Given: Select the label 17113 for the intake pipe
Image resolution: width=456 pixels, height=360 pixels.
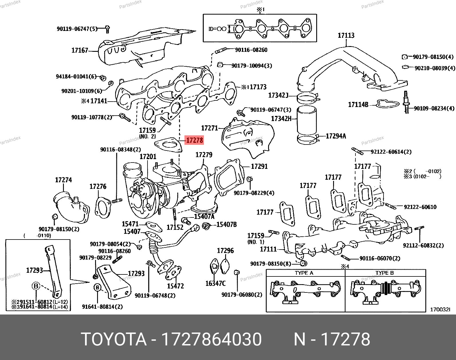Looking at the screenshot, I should tap(346, 35).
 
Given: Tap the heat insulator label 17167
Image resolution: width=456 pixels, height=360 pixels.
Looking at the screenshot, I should tap(80, 51).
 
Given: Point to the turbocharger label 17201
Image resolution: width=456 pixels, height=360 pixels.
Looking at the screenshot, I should tap(148, 157).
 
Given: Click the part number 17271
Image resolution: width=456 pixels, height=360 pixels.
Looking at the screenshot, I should tap(209, 128).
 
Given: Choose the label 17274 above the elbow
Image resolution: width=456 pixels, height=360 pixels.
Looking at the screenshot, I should tap(63, 180).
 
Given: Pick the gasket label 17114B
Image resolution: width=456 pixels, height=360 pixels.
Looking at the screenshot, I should tap(358, 105).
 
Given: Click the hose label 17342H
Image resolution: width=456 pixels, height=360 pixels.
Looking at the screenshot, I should tap(281, 118).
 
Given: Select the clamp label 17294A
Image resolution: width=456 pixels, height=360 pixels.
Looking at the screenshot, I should tap(336, 136).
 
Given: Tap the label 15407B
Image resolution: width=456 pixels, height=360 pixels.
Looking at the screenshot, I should tap(226, 224).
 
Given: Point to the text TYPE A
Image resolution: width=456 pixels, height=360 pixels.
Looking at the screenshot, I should tap(304, 273).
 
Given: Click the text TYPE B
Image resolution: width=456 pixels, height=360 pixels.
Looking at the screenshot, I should tap(384, 273).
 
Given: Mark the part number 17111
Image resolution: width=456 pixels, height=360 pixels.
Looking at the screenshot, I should tap(268, 249).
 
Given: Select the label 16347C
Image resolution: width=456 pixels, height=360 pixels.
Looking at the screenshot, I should tap(215, 283).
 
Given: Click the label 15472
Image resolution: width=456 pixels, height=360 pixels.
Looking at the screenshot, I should tap(176, 286).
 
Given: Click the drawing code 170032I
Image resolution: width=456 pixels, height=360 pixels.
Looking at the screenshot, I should tap(440, 309).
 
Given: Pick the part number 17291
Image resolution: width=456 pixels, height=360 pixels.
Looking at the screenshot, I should tap(259, 166).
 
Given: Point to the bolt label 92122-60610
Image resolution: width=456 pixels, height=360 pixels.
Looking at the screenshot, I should tap(420, 207).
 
